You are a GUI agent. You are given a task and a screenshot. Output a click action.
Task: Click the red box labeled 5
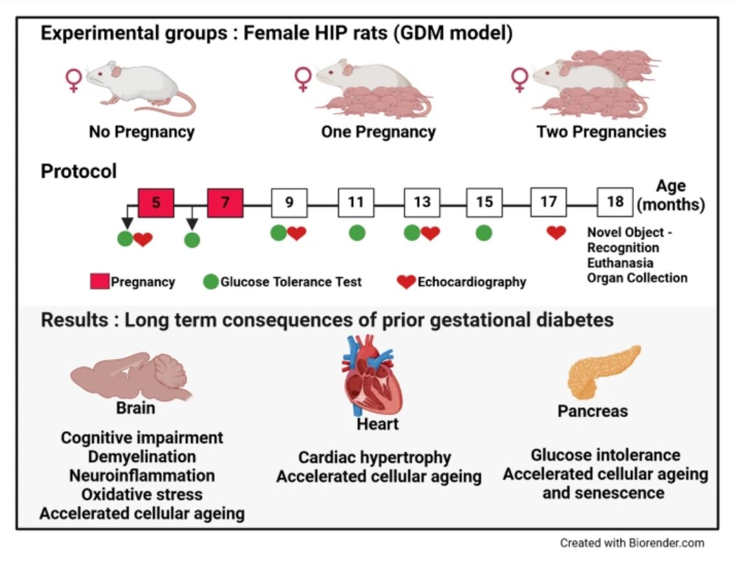pos(156,203)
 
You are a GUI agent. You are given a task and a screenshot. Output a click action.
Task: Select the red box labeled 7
pos(225,203)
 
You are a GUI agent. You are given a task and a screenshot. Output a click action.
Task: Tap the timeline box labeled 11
pos(356,203)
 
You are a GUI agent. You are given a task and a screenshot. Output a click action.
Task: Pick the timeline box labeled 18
pos(615,202)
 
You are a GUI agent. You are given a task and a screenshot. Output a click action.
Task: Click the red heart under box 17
pos(556,232)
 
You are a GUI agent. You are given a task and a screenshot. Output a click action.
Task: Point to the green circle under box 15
pos(484,232)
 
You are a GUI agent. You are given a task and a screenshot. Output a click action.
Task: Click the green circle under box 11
pos(357,232)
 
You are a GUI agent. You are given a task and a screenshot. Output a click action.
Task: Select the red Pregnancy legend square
pos(100,282)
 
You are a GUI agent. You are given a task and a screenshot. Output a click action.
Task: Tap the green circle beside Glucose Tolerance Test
pos(211,282)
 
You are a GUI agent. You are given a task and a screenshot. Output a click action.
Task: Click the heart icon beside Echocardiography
pos(406,282)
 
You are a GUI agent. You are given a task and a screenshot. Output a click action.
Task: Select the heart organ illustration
pos(373,375)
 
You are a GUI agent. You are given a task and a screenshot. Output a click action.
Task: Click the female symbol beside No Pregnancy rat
pos(74,79)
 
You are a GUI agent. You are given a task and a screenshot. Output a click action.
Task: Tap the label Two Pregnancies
pos(602,132)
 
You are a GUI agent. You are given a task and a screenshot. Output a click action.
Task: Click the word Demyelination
pos(142,456)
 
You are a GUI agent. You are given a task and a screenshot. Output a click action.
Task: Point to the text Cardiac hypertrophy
pos(375,458)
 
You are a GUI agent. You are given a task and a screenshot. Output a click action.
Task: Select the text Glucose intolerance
pos(605,455)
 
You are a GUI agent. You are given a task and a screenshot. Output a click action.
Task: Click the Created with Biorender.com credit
pos(632,543)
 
